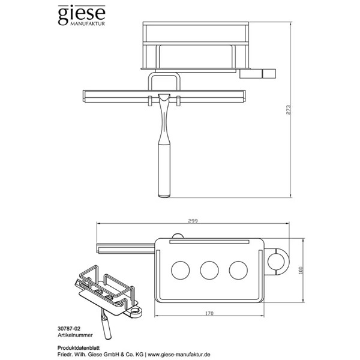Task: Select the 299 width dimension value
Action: pyautogui.click(x=193, y=221)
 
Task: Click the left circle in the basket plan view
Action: pyautogui.click(x=179, y=269)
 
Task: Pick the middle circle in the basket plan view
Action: pyautogui.click(x=209, y=269)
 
